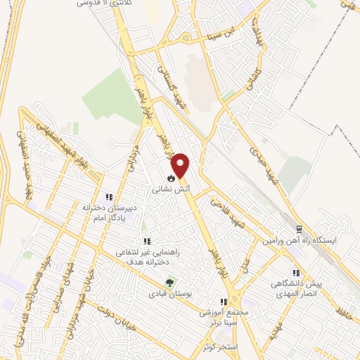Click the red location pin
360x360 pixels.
(181, 166)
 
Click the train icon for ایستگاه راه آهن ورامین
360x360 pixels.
(298, 229)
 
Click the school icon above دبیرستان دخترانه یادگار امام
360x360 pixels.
(108, 198)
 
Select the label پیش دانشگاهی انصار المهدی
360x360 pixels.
(296, 289)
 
